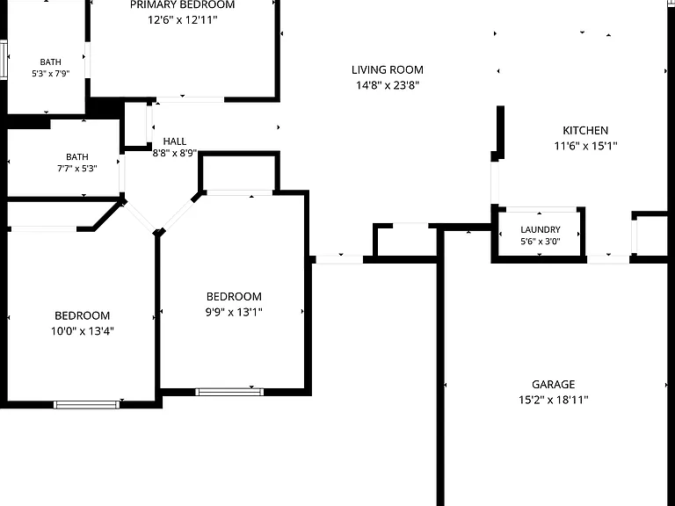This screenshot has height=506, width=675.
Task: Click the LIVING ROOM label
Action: pos(388,69)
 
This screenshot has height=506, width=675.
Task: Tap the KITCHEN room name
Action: pos(585,130)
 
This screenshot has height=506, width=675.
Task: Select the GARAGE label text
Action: pos(553,384)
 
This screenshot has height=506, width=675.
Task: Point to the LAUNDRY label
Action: pos(541,230)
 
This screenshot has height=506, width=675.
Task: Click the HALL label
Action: pos(175,141)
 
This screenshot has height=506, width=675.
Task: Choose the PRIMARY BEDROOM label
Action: pos(183,5)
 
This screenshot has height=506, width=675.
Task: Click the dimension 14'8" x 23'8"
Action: pos(388,85)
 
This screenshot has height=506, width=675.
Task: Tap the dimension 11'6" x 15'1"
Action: pos(585,146)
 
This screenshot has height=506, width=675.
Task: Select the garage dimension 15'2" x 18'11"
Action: pos(553,400)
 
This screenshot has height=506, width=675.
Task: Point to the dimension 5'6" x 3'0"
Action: pos(541,242)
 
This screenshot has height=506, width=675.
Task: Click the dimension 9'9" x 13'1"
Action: pos(234,312)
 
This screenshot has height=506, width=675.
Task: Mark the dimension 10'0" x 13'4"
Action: pos(83,331)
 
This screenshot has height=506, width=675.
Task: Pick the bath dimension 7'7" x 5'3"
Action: pos(77,169)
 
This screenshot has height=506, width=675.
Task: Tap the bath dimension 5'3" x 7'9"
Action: pos(50,74)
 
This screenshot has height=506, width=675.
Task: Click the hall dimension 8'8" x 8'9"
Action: pos(175,153)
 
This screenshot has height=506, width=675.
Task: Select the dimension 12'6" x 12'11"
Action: pos(183,20)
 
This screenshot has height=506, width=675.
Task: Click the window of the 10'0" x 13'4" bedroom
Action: pos(86,404)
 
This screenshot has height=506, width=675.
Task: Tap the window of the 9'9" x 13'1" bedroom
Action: pos(229,392)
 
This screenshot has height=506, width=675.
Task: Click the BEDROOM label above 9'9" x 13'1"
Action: pos(234,296)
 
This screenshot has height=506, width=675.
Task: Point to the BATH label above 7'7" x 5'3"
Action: pos(77,157)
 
